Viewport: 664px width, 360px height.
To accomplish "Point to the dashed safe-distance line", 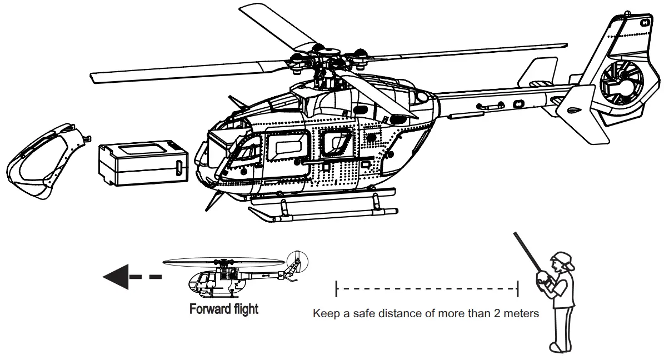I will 427,288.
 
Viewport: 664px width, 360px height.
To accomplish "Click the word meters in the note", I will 521,314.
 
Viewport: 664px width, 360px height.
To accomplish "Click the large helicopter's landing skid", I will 322,213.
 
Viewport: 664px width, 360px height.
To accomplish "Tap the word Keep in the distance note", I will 324,314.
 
